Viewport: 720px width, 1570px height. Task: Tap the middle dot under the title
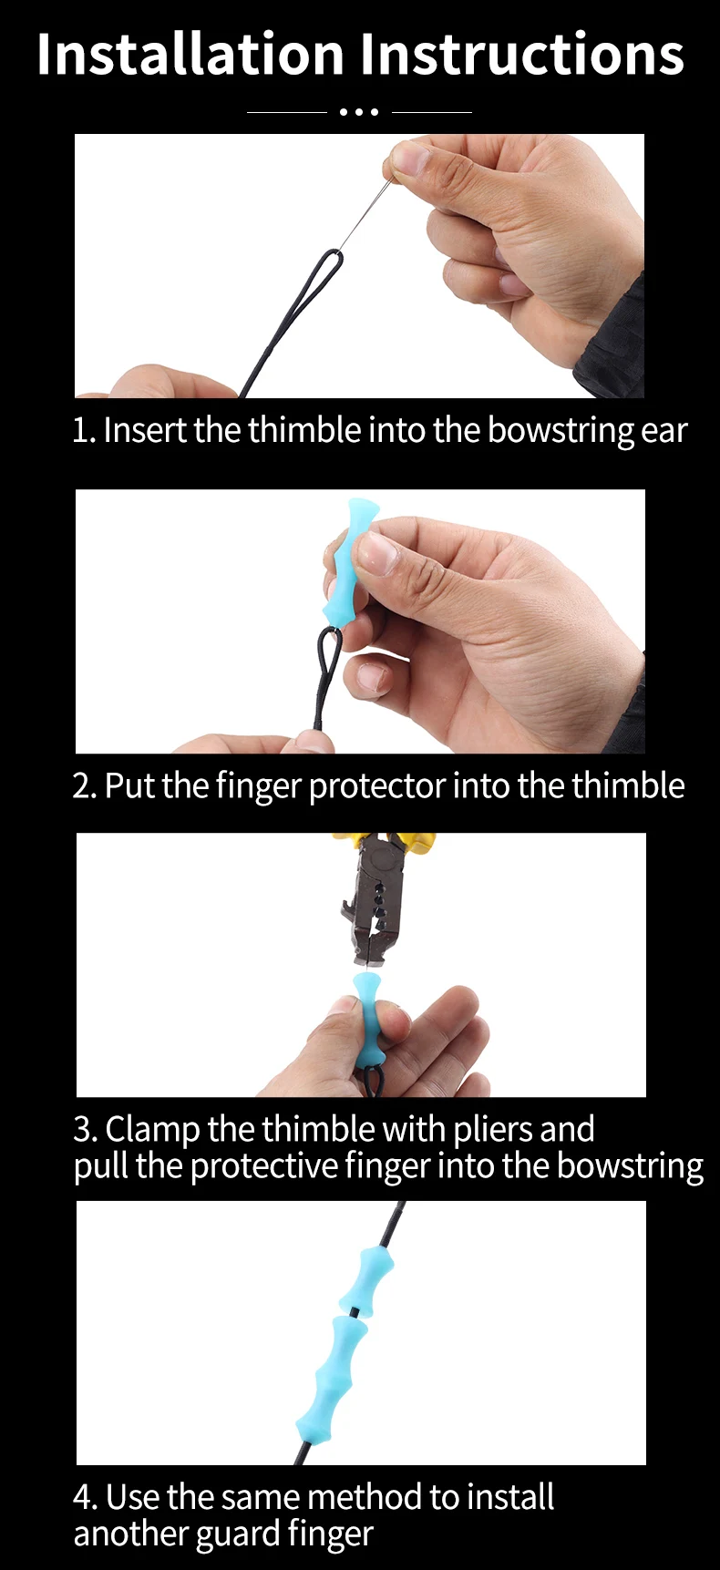(359, 112)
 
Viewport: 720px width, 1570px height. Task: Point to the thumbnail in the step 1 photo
(409, 159)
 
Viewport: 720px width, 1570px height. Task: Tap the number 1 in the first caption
(80, 431)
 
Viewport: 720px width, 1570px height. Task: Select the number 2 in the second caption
(82, 786)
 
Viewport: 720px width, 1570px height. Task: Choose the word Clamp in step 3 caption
(152, 1130)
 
